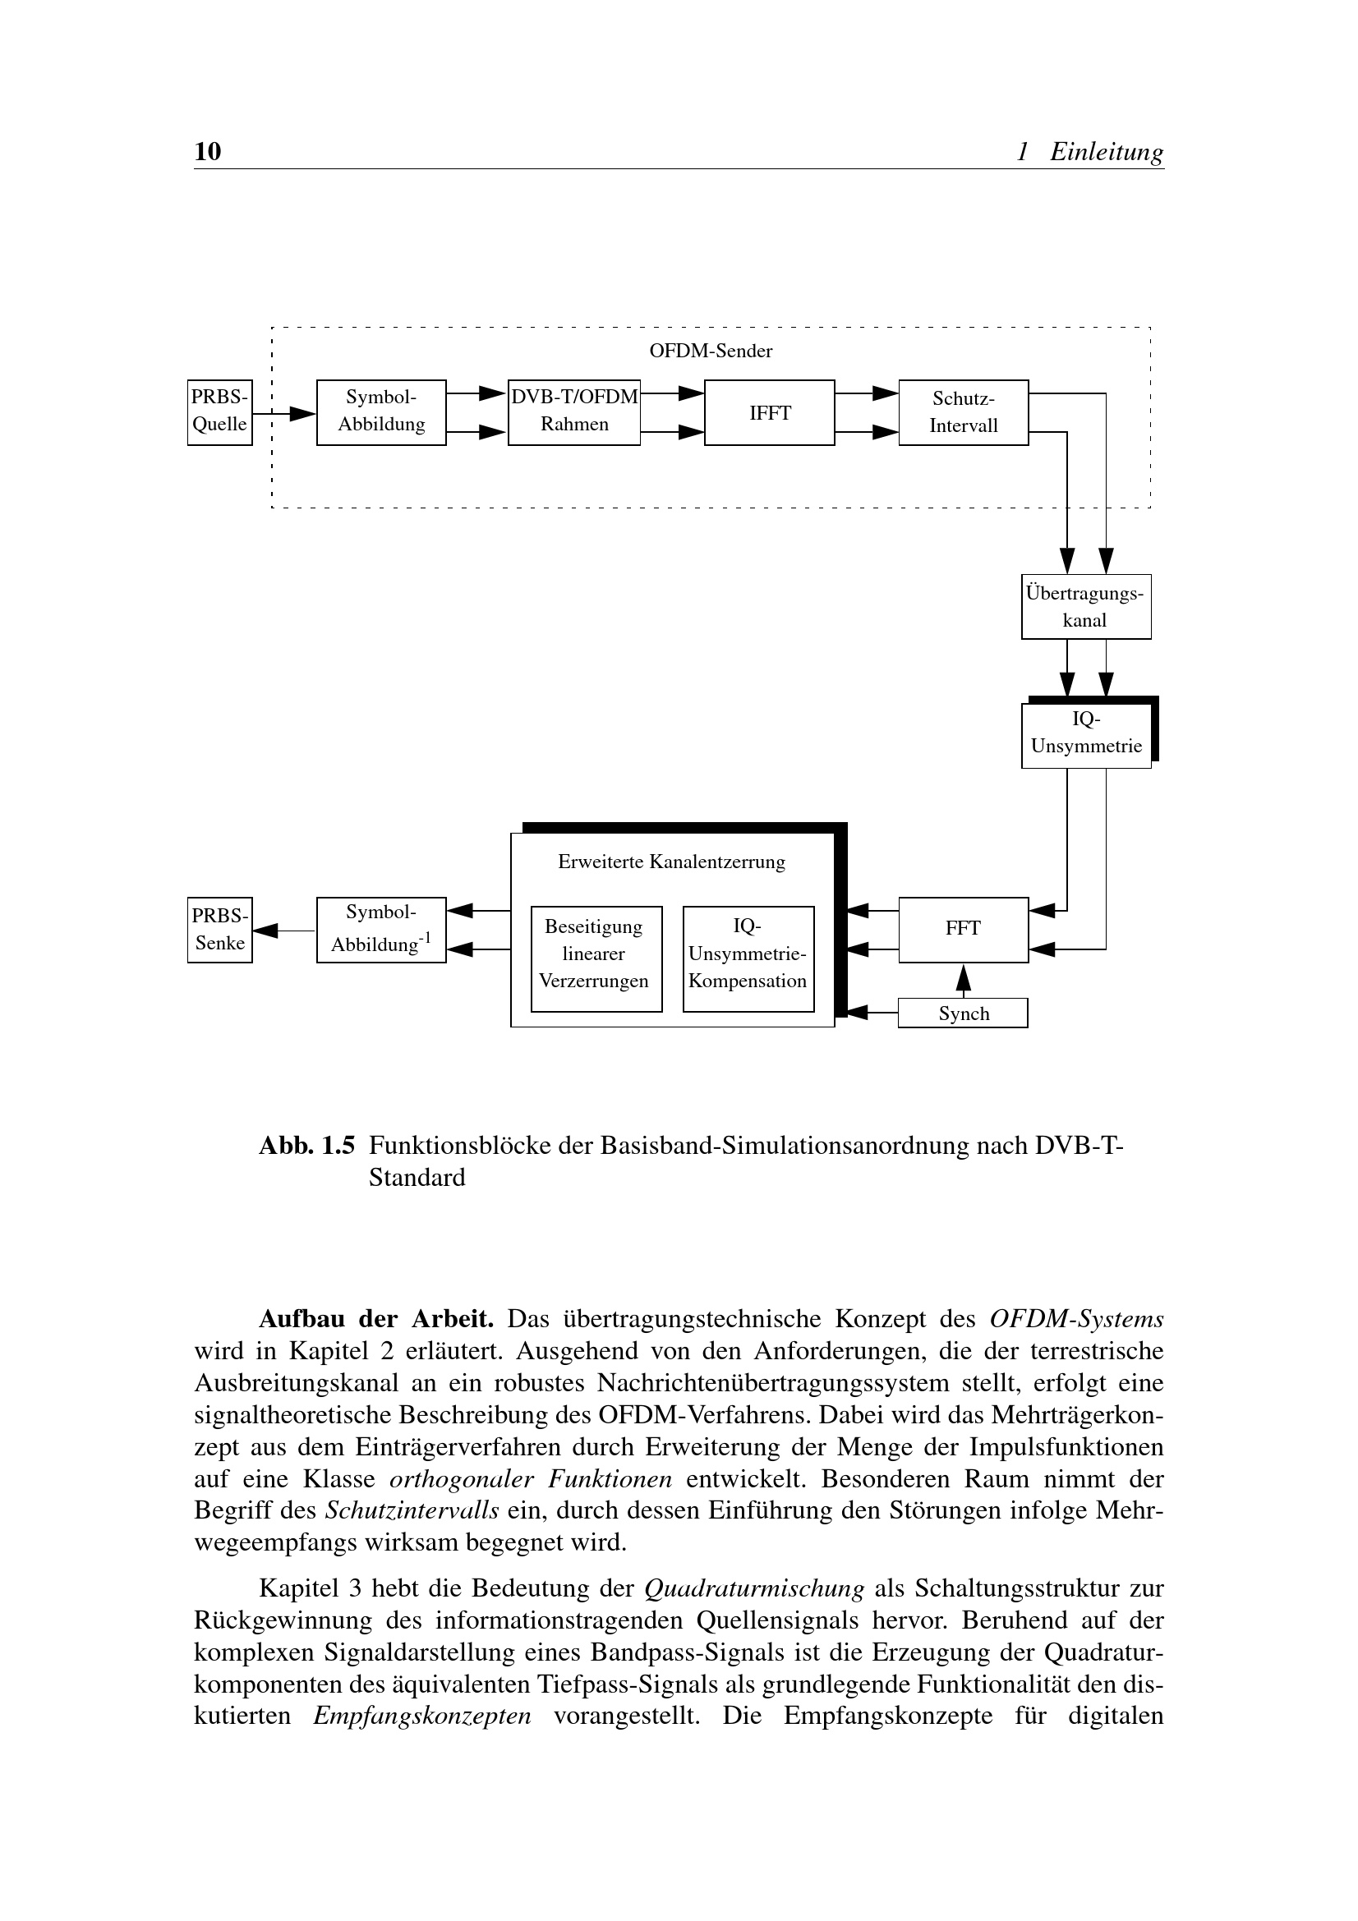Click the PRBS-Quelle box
pos(219,412)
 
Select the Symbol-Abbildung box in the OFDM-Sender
pos(380,412)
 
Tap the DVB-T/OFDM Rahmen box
pos(574,412)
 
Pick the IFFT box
pos(769,412)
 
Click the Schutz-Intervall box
pos(963,412)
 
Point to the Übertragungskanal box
pos(1085,607)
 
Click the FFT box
pos(963,930)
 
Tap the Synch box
pos(963,1013)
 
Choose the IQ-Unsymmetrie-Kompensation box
pos(748,958)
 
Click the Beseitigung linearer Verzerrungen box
pos(596,958)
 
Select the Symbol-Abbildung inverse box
pos(380,930)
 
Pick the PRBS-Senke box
pos(219,930)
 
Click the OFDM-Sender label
pos(711,352)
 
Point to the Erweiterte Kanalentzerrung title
pos(671,862)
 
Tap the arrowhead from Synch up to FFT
pos(963,976)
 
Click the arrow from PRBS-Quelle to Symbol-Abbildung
pos(284,413)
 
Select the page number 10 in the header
pos(208,151)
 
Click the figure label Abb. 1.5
pos(306,1146)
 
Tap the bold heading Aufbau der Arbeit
pos(375,1319)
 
